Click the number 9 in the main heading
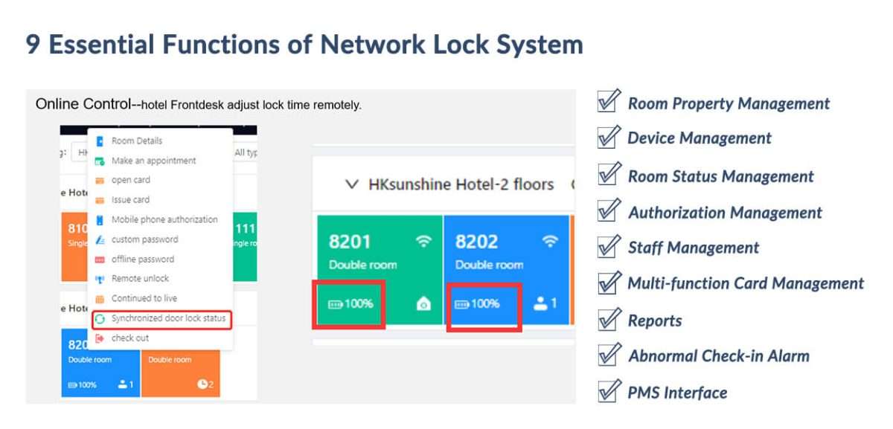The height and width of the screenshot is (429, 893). coord(33,45)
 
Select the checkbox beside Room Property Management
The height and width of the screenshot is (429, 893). coord(608,102)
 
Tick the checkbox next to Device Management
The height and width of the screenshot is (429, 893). coord(608,137)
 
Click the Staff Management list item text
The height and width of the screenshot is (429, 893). coord(693,248)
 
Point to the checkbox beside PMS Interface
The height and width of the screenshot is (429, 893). coord(608,391)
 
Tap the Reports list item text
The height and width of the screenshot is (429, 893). coord(655,320)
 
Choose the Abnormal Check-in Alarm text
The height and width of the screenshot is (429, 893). coord(718,355)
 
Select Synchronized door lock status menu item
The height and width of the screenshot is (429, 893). coord(167,319)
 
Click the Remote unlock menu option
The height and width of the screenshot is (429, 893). coord(140,279)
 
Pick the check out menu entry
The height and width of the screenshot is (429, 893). coord(130,338)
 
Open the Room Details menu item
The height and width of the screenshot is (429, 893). coord(136,141)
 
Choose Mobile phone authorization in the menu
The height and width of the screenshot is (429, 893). coord(164,220)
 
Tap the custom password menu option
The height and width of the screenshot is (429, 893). coord(144,239)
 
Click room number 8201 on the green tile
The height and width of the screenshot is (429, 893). coord(350,242)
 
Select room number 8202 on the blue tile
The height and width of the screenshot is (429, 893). coord(476,242)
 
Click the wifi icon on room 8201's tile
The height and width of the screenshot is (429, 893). coord(423,241)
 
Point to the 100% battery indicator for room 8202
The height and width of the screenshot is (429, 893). coord(477,304)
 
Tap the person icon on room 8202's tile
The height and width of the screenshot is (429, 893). coord(541,304)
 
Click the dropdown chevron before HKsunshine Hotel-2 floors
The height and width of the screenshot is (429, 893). coord(353,184)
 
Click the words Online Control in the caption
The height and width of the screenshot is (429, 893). coord(83,104)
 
